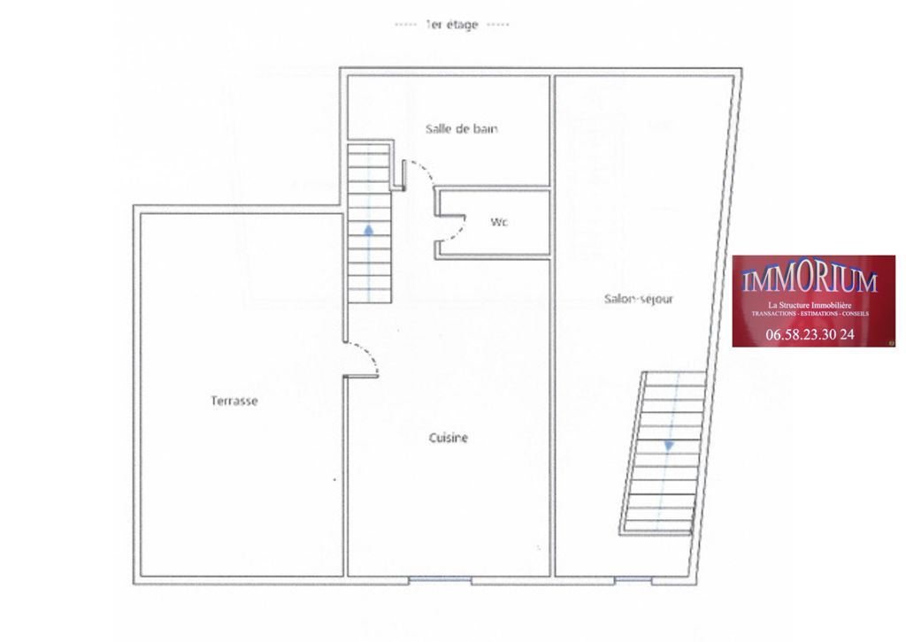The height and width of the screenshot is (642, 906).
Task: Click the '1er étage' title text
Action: (450, 25)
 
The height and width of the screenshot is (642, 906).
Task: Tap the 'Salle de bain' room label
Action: (461, 128)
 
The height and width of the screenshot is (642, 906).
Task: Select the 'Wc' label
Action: (499, 222)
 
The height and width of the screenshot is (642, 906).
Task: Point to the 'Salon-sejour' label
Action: (638, 299)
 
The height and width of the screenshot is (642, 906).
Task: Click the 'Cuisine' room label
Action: (448, 438)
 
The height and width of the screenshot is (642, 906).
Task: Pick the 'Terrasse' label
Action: (234, 401)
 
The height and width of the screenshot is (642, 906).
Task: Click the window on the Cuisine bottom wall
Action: (440, 580)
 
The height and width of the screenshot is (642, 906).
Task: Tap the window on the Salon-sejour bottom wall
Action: (632, 580)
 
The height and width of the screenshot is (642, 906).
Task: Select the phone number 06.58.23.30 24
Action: (810, 334)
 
